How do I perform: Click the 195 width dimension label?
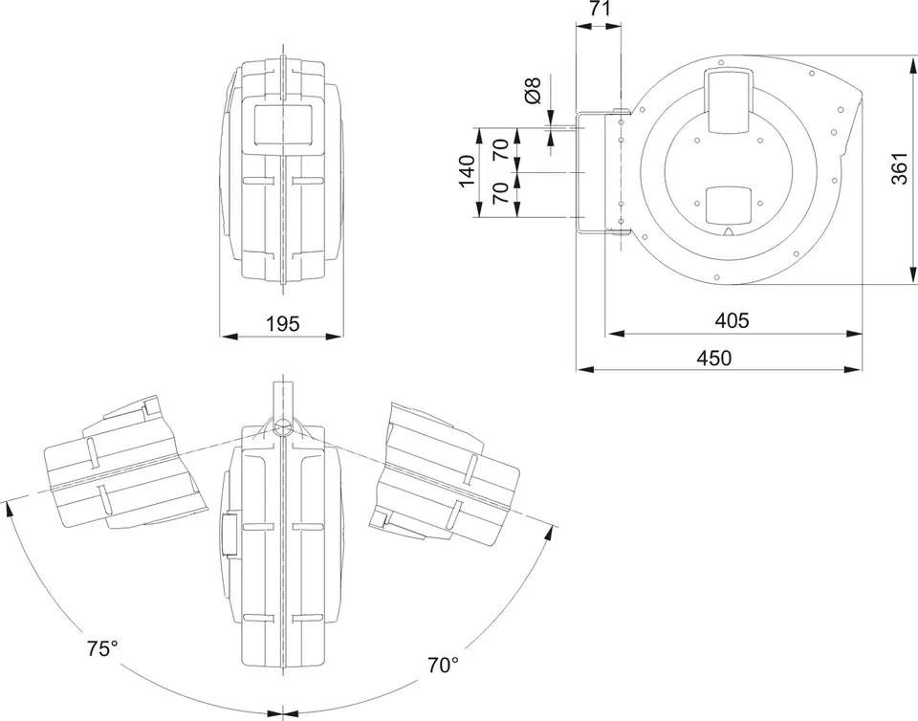tap(282, 323)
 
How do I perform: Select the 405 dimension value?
tap(732, 320)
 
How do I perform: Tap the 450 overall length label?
tap(714, 358)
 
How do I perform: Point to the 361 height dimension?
tap(900, 168)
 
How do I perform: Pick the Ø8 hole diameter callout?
tap(533, 90)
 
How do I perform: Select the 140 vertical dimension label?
tap(467, 171)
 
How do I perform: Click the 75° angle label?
tap(103, 648)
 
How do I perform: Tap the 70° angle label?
tap(443, 665)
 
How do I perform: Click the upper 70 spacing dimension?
tap(501, 150)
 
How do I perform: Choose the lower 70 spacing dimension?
tap(501, 192)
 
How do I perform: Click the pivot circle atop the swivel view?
tap(283, 427)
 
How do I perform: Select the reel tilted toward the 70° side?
tap(445, 474)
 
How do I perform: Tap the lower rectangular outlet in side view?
tap(728, 206)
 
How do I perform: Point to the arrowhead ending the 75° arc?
tap(9, 509)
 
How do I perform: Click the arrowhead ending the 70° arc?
tap(549, 535)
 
